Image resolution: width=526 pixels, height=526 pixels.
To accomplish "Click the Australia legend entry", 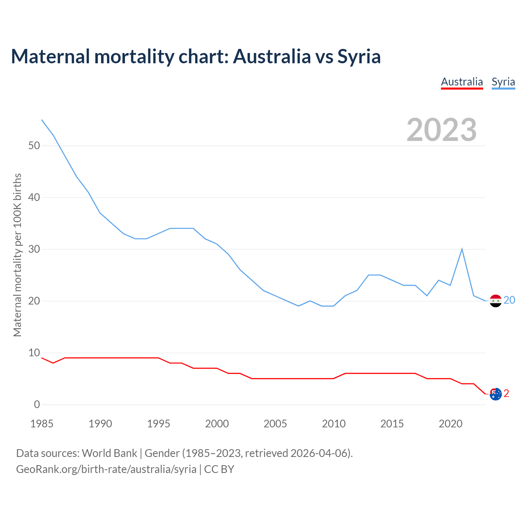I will [x=462, y=82].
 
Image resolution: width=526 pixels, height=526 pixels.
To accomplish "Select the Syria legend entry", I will [x=503, y=82].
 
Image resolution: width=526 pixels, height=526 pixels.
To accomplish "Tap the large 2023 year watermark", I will [x=442, y=130].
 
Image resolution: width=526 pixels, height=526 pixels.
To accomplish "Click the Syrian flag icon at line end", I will [x=496, y=301].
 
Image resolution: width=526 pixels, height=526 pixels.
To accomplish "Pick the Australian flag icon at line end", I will [x=496, y=394].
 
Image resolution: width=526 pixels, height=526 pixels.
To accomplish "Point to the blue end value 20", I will [x=509, y=300].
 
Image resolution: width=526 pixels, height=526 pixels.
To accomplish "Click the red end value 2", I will [x=506, y=394].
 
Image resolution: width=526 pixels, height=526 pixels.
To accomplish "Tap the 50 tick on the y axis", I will [x=34, y=146].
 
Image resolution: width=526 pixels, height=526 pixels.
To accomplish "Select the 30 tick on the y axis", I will [x=34, y=249].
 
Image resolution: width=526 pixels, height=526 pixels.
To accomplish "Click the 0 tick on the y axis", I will [x=37, y=405].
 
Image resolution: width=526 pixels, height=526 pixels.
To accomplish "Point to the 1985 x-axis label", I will [x=42, y=424].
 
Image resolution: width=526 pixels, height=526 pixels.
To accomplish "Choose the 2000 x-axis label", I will [x=217, y=424].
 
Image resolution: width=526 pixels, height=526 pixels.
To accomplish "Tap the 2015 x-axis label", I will [x=392, y=424].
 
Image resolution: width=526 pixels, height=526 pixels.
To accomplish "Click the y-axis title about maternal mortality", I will [x=17, y=255].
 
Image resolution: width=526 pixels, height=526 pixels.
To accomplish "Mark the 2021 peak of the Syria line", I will [x=462, y=249].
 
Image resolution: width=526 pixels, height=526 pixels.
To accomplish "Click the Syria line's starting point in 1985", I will [x=42, y=120].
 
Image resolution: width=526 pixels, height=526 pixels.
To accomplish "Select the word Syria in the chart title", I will [x=359, y=56].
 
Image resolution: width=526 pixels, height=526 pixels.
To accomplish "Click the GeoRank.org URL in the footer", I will [x=106, y=469].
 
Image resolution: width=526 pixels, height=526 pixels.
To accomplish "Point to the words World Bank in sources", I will [x=109, y=453].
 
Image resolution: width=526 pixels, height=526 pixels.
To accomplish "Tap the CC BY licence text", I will [x=219, y=469].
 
